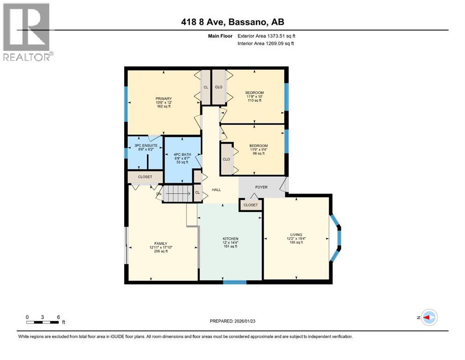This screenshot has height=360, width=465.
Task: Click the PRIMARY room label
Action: click(x=164, y=98)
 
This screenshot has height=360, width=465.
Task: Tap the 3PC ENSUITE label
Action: click(x=144, y=146)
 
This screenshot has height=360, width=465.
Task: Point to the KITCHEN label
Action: click(x=230, y=239)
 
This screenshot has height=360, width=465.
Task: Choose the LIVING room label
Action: click(x=296, y=234)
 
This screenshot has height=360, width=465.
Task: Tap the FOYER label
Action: click(x=261, y=187)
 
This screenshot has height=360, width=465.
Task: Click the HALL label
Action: click(x=216, y=190)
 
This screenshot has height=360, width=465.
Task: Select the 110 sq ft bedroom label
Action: click(x=255, y=93)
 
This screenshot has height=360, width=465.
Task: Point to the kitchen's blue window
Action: click(x=235, y=282)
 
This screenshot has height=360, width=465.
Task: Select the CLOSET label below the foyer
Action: click(x=251, y=205)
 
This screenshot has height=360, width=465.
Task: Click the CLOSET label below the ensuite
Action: click(x=145, y=177)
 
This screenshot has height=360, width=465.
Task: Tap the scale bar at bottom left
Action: click(x=43, y=322)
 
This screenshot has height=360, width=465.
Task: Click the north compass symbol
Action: click(x=428, y=317)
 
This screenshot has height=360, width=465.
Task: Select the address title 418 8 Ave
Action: click(x=232, y=22)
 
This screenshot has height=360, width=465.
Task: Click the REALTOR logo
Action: click(x=27, y=32)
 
